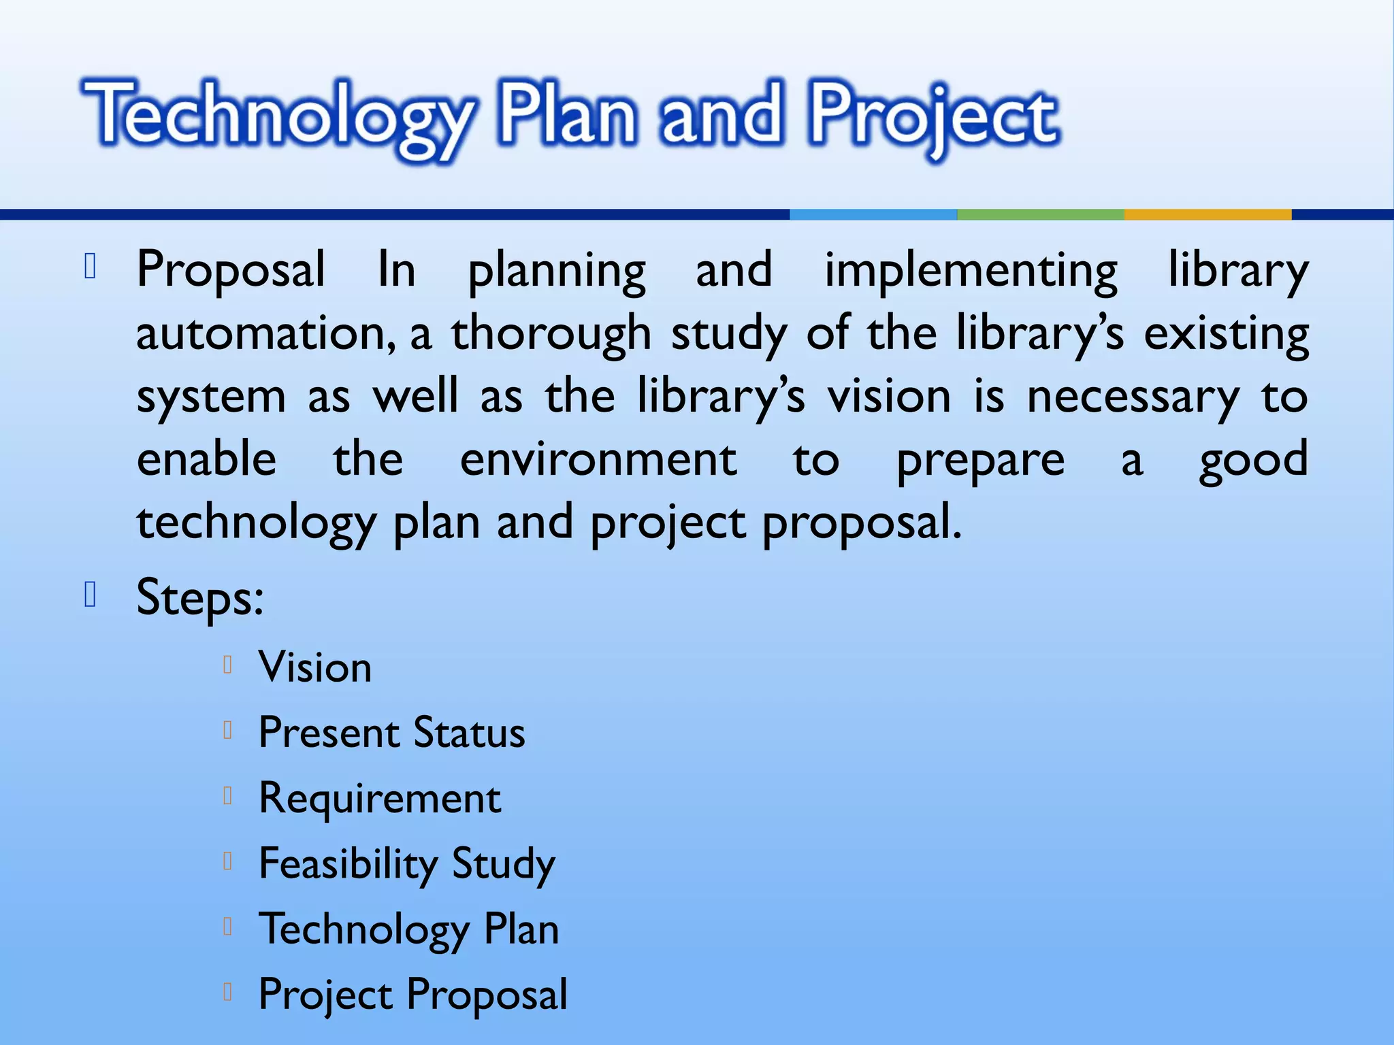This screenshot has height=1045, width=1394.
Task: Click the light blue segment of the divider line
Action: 873,214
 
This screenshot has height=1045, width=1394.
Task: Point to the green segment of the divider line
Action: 1040,214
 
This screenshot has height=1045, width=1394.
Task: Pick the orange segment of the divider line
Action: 1207,214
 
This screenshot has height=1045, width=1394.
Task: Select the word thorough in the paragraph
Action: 551,334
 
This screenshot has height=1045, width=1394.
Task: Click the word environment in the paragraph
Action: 598,459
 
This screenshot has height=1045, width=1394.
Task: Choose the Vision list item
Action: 315,667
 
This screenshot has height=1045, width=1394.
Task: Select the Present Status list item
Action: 391,733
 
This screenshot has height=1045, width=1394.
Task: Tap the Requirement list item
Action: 379,798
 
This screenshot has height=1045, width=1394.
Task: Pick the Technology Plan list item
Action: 408,929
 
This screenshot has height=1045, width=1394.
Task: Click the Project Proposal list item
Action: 412,995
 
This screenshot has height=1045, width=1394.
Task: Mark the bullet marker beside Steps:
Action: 90,594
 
